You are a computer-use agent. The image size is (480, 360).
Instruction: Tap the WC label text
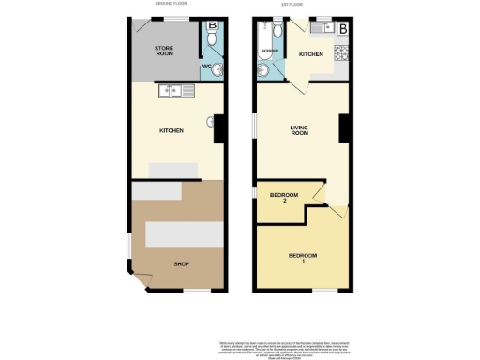tap(206, 67)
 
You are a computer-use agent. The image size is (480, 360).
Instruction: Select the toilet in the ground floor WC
tap(212, 41)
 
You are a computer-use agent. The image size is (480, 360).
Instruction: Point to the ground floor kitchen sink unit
tap(175, 91)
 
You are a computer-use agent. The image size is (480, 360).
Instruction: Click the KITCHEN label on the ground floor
tap(170, 131)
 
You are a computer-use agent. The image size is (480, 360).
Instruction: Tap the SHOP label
tap(182, 264)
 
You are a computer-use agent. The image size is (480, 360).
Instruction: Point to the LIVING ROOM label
tap(299, 130)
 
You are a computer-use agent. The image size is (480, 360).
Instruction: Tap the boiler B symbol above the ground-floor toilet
tap(213, 25)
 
